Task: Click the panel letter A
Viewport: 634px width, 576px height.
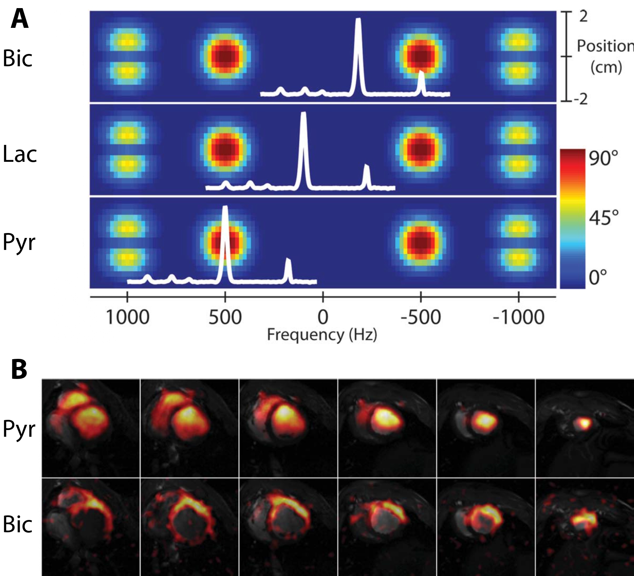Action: [x=19, y=19]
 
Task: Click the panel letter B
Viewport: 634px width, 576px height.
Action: [x=19, y=369]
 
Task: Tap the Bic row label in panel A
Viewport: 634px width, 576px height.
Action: [x=17, y=58]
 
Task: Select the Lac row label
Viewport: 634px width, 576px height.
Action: [x=19, y=154]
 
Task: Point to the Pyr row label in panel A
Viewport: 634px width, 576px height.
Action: [x=19, y=243]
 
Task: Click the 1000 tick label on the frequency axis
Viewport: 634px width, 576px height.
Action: [x=128, y=317]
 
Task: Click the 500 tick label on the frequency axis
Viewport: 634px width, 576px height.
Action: [x=225, y=317]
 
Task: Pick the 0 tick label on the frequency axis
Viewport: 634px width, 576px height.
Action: [x=323, y=317]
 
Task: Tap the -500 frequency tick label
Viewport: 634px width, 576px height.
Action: [x=421, y=317]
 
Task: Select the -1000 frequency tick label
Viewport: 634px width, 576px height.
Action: [x=518, y=317]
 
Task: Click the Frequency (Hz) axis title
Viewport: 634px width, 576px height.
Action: [x=322, y=334]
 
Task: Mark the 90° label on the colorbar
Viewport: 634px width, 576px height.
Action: [x=603, y=158]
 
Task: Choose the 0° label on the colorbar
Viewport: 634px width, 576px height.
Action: [x=598, y=277]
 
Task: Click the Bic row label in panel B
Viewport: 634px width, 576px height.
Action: [x=17, y=524]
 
